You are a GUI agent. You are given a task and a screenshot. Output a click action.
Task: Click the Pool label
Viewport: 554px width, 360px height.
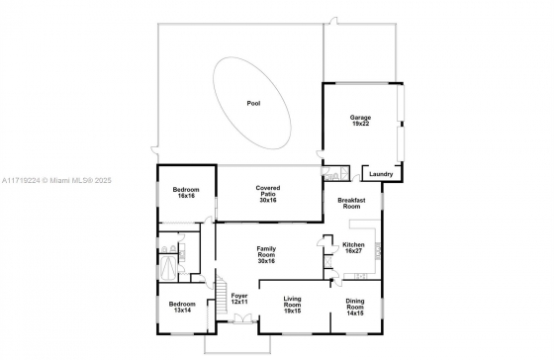[253, 103]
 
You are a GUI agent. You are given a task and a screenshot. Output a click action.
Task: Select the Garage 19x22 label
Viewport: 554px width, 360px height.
[360, 121]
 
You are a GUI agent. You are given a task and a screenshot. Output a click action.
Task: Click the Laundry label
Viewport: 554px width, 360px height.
[381, 174]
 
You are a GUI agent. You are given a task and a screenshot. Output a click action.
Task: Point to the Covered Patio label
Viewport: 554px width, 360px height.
[268, 194]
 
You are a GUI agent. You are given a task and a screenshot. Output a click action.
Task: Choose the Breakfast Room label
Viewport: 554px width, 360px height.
[351, 203]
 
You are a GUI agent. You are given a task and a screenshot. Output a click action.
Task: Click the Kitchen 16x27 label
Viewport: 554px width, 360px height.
[353, 247]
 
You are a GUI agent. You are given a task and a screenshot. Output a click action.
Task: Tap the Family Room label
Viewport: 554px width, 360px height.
[266, 255]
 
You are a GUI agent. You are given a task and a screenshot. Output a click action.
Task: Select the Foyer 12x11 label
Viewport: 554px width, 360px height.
[239, 299]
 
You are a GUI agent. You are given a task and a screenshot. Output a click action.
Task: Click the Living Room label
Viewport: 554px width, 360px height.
[293, 305]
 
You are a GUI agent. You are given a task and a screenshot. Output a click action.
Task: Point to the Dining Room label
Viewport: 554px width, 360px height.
[355, 307]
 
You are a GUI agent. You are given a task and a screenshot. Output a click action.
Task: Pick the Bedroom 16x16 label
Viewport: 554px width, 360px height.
[186, 193]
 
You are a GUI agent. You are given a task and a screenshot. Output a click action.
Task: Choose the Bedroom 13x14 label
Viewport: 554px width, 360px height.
[182, 307]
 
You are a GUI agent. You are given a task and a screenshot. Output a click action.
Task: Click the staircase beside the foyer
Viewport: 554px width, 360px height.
[222, 295]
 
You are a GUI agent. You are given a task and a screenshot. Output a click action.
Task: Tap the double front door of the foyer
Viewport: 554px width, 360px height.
[242, 317]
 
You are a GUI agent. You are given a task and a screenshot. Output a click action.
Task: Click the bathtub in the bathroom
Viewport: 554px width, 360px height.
[169, 267]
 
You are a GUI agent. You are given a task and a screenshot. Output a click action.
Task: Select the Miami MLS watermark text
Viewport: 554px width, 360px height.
[56, 181]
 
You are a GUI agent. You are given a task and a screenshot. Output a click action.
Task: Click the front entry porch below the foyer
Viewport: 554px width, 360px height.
[237, 343]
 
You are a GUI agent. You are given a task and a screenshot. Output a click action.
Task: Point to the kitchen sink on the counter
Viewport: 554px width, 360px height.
[361, 276]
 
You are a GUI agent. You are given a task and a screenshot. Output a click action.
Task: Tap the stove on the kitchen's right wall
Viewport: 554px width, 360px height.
[377, 251]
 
